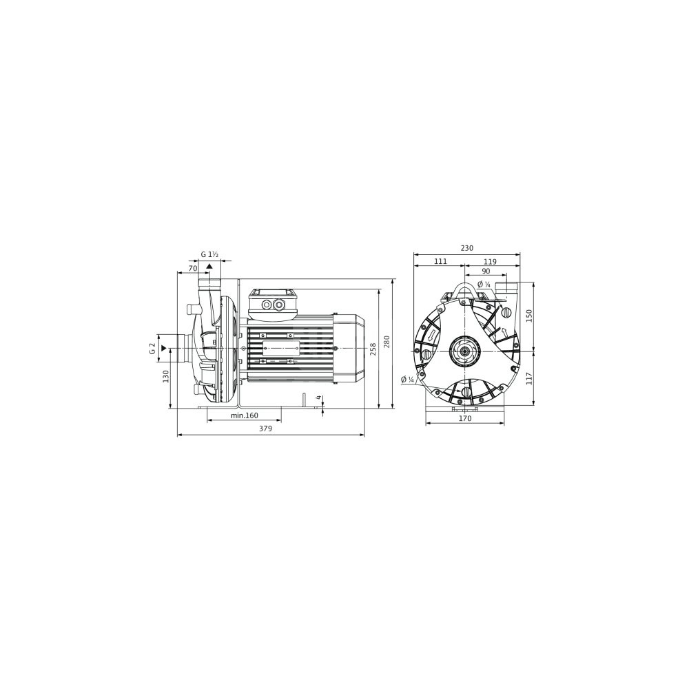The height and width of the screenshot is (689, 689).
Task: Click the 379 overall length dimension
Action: click(265, 429)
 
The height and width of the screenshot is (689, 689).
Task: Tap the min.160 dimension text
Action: click(245, 415)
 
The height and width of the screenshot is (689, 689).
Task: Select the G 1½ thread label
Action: click(210, 254)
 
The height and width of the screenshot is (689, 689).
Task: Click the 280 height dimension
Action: click(387, 341)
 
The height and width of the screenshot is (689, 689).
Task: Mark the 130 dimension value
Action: click(165, 376)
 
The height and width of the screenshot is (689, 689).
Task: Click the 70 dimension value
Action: click(192, 267)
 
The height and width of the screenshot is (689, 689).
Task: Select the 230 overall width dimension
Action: click(467, 248)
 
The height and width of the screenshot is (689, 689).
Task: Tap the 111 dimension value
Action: click(440, 261)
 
